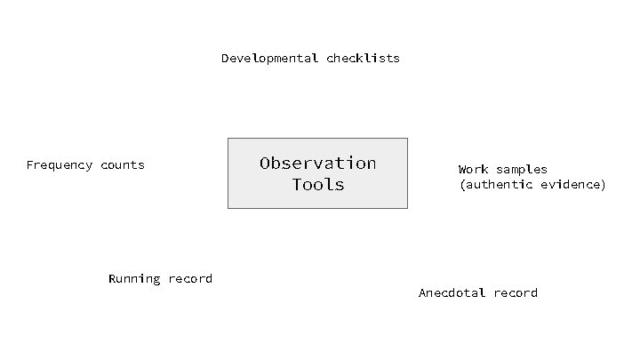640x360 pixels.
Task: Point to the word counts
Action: (123, 165)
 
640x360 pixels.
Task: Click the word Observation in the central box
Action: (317, 163)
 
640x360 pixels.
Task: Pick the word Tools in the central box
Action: (317, 185)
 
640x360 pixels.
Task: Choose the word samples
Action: (522, 169)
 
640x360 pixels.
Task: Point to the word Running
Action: (134, 279)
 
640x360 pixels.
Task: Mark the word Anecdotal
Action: (452, 293)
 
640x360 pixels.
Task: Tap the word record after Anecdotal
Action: (516, 293)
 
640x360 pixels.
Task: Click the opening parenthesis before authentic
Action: (462, 185)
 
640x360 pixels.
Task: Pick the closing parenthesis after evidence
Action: (603, 185)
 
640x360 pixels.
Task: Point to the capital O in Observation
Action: (265, 163)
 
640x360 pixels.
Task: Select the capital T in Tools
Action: (297, 185)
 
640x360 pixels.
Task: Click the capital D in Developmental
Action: (226, 59)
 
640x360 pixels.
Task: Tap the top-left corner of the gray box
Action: (228, 139)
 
